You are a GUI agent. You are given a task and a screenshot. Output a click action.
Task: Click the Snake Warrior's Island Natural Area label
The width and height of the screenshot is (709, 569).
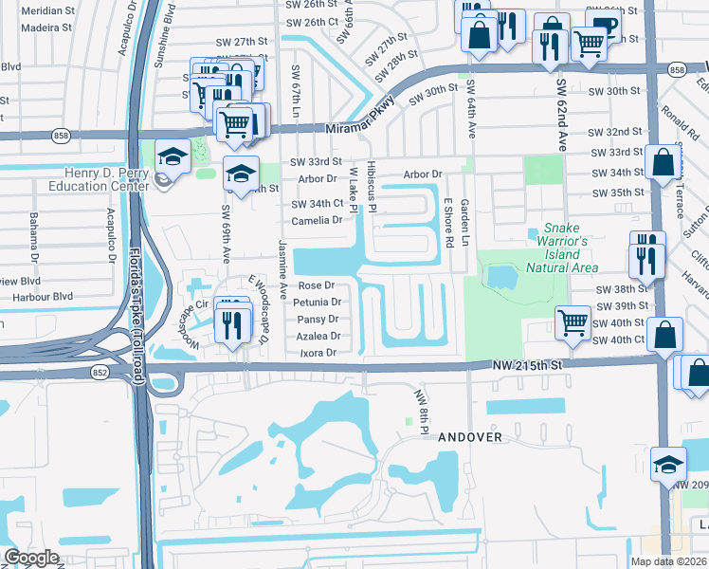(567, 249)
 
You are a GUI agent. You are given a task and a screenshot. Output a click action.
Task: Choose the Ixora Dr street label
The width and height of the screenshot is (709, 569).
(318, 353)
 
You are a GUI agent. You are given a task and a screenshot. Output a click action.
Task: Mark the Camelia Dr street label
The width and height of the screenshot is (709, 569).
(318, 220)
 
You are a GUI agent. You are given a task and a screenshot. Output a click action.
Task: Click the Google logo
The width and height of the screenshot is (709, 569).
(31, 558)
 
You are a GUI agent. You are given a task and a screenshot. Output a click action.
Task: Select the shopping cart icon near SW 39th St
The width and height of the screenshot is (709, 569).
(573, 322)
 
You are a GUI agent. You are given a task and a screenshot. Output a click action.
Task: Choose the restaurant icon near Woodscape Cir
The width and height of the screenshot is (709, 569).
(232, 326)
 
